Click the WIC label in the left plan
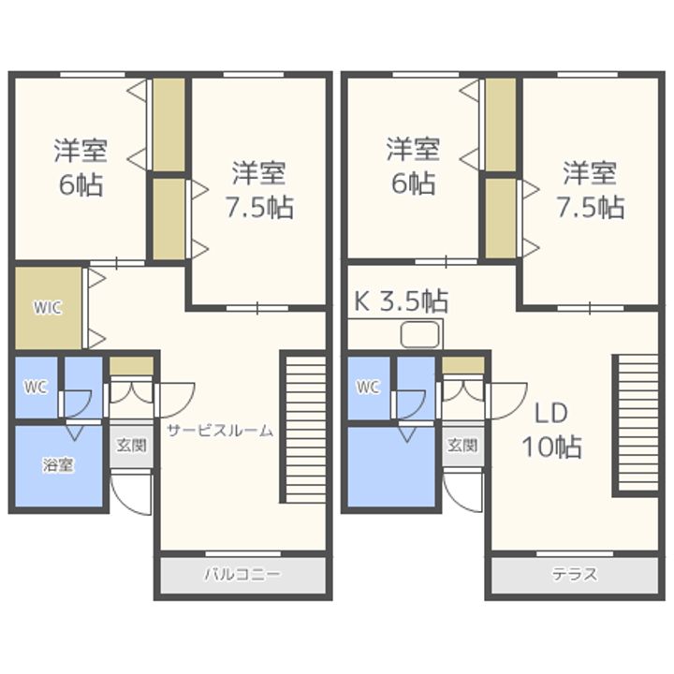click(50, 308)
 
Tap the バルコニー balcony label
click(242, 574)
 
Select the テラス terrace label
click(574, 574)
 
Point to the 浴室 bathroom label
click(58, 464)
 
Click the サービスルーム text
click(221, 431)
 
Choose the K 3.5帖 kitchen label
click(401, 300)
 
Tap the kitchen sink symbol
click(420, 334)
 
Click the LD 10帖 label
click(552, 431)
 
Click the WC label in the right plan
click(368, 387)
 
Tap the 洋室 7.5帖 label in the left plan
click(258, 190)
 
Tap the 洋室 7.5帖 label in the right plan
click(590, 190)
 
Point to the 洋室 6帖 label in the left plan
click(81, 167)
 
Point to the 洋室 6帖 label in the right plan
click(413, 167)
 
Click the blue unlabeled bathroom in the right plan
click(391, 466)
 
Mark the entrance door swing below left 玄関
click(131, 491)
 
